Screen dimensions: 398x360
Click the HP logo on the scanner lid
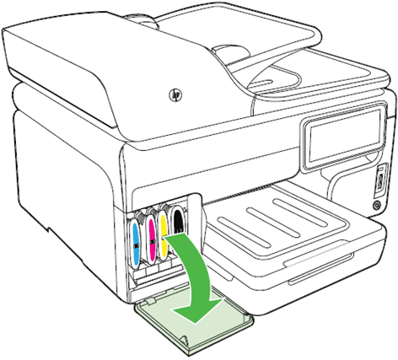(175, 95)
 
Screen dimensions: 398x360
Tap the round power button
(376, 206)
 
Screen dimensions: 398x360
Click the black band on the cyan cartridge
(136, 245)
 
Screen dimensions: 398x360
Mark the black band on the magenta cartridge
(153, 241)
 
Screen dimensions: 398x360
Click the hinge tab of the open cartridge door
(150, 302)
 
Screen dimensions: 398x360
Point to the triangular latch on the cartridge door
(183, 339)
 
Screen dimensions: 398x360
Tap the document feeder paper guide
(230, 50)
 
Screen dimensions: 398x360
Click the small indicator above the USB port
(380, 169)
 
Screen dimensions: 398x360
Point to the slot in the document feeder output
(259, 83)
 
